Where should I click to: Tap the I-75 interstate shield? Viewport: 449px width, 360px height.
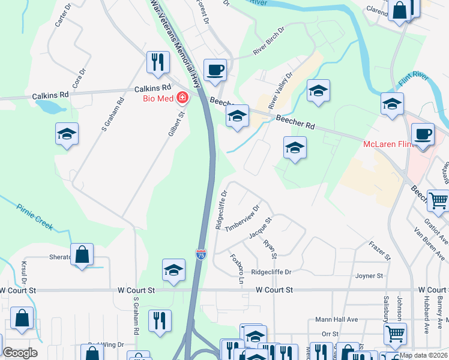click(201, 254)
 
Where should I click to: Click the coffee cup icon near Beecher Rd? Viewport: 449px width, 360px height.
click(215, 70)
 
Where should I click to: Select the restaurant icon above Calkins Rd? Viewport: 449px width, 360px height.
click(158, 62)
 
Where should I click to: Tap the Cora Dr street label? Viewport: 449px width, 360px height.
click(79, 77)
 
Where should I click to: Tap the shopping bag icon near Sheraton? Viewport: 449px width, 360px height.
click(82, 254)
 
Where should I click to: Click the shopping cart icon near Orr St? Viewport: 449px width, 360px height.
click(394, 334)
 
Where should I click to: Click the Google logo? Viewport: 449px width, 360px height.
click(20, 353)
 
